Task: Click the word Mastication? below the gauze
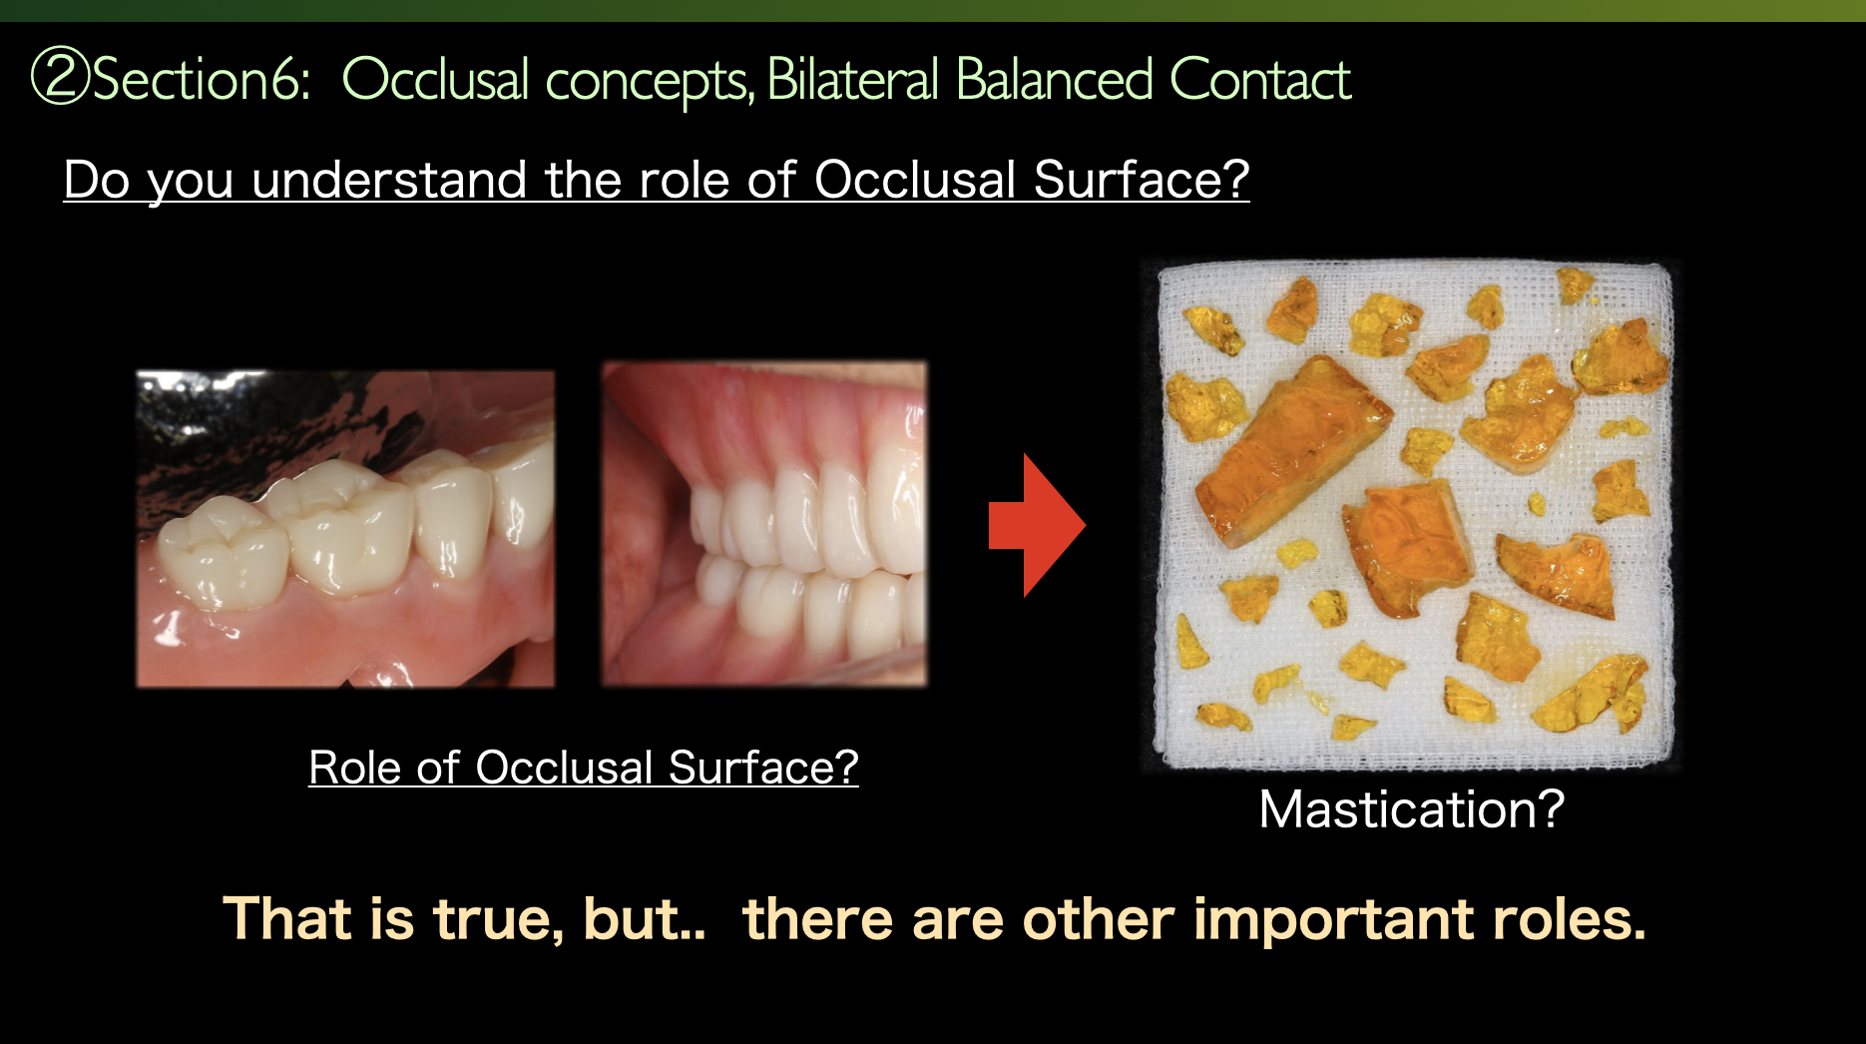tap(1411, 809)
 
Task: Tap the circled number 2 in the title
tap(60, 78)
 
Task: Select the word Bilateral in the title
tap(852, 80)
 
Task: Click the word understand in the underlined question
tap(388, 181)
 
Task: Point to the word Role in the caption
tap(353, 768)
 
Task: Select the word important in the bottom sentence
tap(1333, 918)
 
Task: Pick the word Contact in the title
tap(1259, 80)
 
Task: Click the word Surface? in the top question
tap(1141, 181)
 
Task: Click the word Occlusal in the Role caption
tap(564, 768)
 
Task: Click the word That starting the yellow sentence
tap(287, 918)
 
